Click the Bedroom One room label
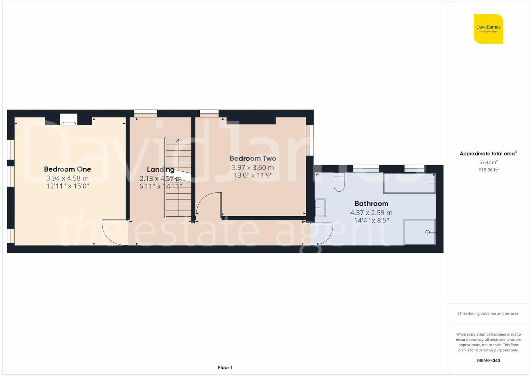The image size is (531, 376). click(x=67, y=169)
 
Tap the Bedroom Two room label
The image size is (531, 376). click(x=253, y=158)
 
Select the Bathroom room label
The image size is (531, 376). click(x=371, y=204)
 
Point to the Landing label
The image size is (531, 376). click(x=160, y=169)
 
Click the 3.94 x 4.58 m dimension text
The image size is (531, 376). click(x=67, y=178)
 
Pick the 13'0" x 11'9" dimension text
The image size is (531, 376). click(x=253, y=175)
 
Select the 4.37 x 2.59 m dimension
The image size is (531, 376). click(x=371, y=213)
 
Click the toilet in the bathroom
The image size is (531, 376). click(x=339, y=183)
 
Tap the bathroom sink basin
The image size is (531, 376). click(x=320, y=208)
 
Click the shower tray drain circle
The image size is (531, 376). click(x=427, y=232)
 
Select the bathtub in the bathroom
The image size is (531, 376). click(x=409, y=183)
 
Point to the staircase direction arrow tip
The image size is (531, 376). click(x=179, y=140)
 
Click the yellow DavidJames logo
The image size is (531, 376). click(x=488, y=29)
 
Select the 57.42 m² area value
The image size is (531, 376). click(x=488, y=162)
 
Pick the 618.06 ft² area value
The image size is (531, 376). click(x=488, y=170)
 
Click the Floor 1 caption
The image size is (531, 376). click(x=225, y=367)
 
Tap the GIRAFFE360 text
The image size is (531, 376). click(x=488, y=361)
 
